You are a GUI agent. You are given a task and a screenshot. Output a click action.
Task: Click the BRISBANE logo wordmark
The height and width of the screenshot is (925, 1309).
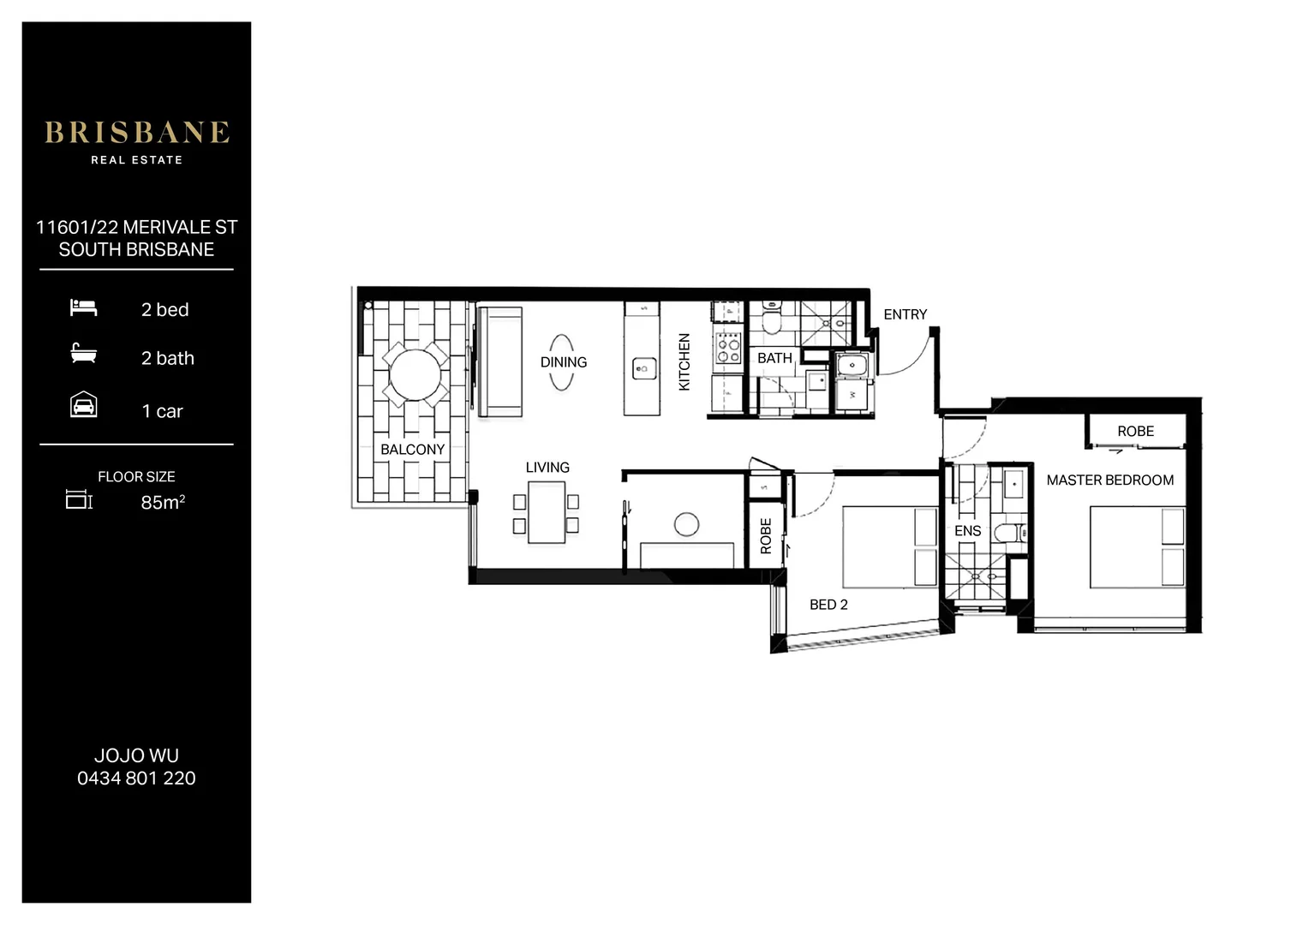click(x=137, y=133)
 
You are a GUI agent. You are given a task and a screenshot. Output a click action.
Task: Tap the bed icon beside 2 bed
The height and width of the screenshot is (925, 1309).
click(x=83, y=307)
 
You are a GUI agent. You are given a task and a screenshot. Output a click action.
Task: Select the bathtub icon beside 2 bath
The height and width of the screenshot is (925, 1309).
click(x=83, y=354)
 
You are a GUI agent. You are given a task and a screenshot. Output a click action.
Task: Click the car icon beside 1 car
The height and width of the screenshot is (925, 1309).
click(x=83, y=405)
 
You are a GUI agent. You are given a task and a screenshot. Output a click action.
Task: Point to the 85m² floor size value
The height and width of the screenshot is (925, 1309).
click(x=163, y=502)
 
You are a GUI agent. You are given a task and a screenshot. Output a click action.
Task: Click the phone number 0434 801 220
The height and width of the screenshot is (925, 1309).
click(x=136, y=779)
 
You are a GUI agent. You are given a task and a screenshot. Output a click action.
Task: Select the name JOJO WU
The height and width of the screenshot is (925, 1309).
click(x=136, y=755)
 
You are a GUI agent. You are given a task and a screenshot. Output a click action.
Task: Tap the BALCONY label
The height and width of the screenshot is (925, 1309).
click(x=412, y=450)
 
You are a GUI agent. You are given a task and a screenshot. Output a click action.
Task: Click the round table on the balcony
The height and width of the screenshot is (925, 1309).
click(x=415, y=375)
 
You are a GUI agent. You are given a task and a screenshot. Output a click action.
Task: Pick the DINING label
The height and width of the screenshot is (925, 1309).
click(x=563, y=362)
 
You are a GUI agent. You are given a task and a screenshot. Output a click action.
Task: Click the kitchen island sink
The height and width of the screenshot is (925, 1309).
click(x=643, y=368)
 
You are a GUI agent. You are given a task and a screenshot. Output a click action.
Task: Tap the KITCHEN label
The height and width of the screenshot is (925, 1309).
click(x=684, y=362)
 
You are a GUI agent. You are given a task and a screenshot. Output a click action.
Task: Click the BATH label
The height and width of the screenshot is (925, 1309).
click(x=774, y=358)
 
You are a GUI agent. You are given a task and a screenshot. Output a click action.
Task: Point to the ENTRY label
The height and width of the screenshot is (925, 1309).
click(x=905, y=314)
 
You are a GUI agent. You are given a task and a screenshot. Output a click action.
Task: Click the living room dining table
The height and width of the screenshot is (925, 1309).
click(x=547, y=512)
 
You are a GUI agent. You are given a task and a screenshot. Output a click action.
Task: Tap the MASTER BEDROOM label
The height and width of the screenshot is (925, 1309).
click(x=1109, y=480)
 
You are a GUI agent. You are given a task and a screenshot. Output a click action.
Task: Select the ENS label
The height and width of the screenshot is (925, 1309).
click(x=967, y=531)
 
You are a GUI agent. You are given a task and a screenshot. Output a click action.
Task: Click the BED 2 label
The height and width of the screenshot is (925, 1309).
click(x=828, y=605)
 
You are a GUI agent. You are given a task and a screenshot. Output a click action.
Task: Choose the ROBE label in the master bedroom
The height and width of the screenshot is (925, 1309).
click(x=1135, y=432)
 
